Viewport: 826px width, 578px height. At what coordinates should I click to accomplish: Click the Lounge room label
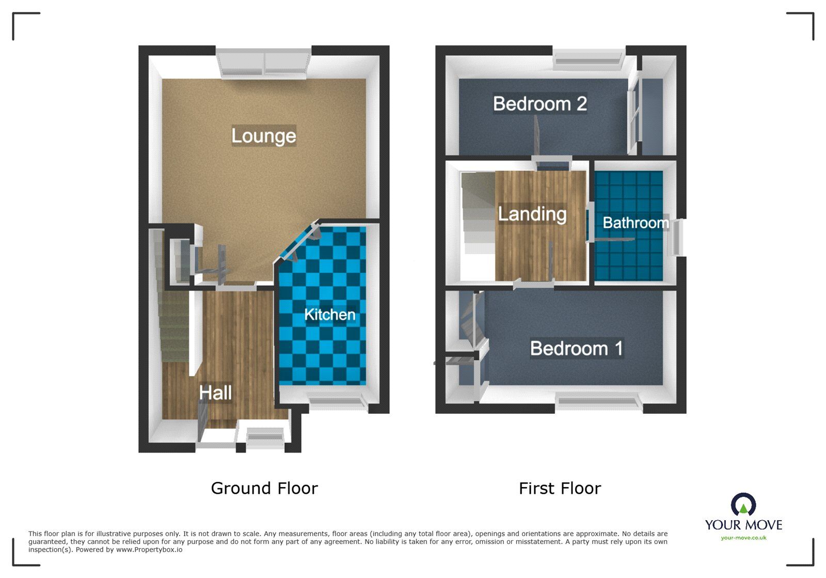[263, 136]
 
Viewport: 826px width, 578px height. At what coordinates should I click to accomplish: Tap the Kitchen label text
[329, 315]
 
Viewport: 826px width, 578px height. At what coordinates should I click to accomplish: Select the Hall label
[215, 393]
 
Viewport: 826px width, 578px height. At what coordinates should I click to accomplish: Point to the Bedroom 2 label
[539, 104]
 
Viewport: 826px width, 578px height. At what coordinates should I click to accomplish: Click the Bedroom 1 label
[576, 349]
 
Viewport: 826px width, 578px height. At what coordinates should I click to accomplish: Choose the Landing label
[532, 214]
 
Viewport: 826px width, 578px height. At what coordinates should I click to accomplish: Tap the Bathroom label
[636, 223]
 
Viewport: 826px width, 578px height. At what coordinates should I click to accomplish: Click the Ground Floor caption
[264, 488]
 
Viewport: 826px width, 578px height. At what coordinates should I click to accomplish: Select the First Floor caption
[560, 488]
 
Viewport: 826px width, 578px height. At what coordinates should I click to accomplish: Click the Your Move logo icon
[743, 505]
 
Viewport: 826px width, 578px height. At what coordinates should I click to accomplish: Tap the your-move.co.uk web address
[743, 538]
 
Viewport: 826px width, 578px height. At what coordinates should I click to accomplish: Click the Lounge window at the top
[264, 63]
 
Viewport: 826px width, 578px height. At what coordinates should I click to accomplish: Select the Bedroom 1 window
[599, 403]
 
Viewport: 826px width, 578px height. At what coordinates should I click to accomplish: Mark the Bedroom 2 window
[589, 60]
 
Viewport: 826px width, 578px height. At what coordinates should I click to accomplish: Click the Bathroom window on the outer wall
[676, 237]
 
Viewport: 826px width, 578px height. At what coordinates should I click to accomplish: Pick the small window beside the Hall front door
[265, 438]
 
